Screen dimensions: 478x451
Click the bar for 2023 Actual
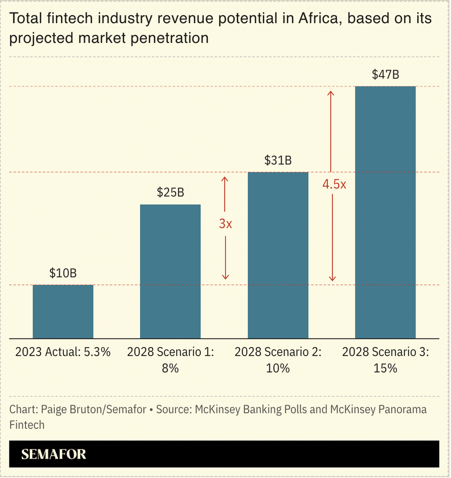coord(63,311)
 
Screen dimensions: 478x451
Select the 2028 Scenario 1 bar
coord(170,271)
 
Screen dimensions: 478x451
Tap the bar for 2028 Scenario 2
coord(278,255)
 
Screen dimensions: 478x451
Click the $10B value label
coord(63,274)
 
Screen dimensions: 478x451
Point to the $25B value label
coord(170,192)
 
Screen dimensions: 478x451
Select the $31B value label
coord(278,160)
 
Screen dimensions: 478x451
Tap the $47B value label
coord(385,74)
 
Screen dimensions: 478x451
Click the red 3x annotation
coord(225,223)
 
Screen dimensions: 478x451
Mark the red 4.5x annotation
coord(334,184)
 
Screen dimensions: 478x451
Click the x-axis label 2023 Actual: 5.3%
coord(63,352)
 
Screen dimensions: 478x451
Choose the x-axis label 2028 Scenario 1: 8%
coord(170,360)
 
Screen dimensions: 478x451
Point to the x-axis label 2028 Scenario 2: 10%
coord(278,360)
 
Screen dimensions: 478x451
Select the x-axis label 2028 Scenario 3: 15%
coord(385,360)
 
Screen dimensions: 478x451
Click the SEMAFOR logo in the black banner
coord(54,454)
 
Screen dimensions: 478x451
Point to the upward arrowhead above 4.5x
coord(332,93)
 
